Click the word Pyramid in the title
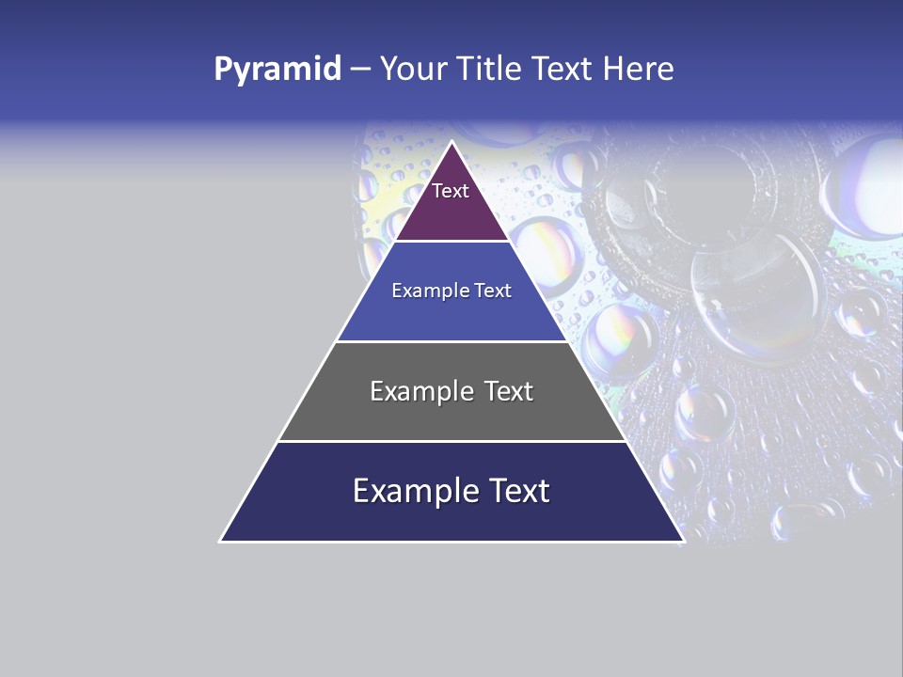point(277,70)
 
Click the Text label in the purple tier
point(451,191)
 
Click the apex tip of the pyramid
point(451,143)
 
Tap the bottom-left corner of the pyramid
point(221,541)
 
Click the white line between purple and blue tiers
point(451,242)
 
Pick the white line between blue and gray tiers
point(451,341)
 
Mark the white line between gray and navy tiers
point(451,441)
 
